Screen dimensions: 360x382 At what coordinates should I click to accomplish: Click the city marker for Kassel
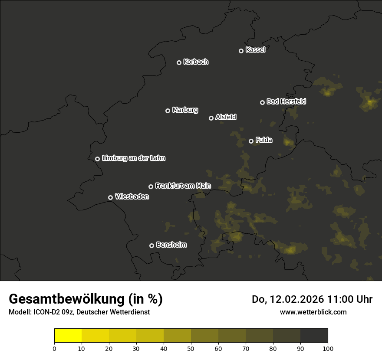[x=241, y=51]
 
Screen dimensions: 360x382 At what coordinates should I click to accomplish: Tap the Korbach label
[x=196, y=62]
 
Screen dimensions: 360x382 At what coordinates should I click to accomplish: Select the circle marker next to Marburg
[x=168, y=111]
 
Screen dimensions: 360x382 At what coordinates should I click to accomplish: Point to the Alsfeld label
[x=226, y=117]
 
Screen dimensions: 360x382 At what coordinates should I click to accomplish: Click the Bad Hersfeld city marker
[x=262, y=102]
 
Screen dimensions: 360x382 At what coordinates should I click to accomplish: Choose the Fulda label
[x=264, y=140]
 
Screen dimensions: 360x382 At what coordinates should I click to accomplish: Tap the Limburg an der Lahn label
[x=134, y=158]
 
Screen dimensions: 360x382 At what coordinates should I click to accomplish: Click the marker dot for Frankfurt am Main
[x=151, y=187]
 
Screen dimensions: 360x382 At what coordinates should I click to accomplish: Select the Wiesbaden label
[x=132, y=197]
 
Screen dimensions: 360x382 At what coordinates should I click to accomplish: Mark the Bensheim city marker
[x=151, y=245]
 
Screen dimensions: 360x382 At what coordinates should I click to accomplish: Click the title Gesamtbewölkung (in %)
[x=86, y=299]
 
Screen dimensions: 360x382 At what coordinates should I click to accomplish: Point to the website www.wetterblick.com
[x=313, y=312]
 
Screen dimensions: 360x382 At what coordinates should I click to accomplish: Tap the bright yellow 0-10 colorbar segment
[x=68, y=336]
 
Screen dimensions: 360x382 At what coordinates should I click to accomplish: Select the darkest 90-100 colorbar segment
[x=314, y=336]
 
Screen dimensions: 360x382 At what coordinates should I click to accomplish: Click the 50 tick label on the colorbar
[x=191, y=348]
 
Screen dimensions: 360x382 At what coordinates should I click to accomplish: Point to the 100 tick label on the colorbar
[x=328, y=348]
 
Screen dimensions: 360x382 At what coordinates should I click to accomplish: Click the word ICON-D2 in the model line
[x=45, y=312]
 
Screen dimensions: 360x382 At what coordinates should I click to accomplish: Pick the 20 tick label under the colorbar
[x=109, y=348]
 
